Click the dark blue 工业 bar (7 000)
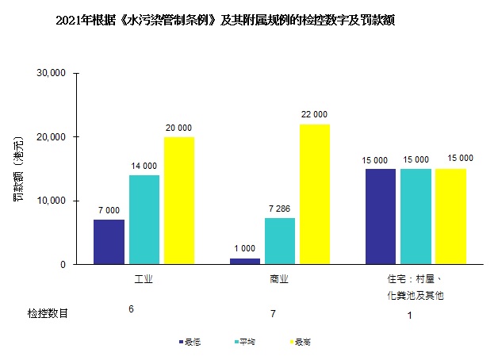point(109,242)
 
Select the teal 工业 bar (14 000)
point(144,220)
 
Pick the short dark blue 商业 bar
point(244,261)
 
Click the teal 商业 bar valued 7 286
point(279,241)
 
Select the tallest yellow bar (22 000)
point(315,194)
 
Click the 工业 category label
point(144,280)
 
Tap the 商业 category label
point(279,280)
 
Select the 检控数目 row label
point(48,314)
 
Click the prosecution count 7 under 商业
point(273,315)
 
